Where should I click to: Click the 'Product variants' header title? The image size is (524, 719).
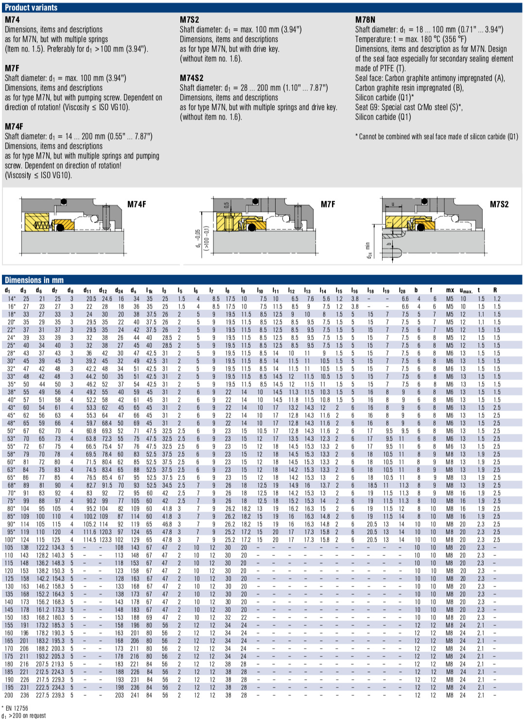[31, 7]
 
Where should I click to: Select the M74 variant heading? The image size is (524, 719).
[12, 20]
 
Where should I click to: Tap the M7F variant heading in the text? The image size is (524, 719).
[12, 68]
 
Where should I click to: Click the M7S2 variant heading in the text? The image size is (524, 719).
[189, 20]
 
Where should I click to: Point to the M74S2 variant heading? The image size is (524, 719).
[192, 78]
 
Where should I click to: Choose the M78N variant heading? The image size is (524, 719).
[365, 20]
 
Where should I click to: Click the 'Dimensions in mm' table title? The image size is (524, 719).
[34, 280]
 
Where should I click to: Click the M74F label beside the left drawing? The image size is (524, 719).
[137, 205]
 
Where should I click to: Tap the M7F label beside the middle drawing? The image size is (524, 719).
[328, 205]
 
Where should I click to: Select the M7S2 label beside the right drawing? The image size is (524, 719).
[499, 205]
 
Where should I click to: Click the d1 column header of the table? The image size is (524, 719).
[8, 291]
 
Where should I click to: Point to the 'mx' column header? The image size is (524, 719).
[450, 291]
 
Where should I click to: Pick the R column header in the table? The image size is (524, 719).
[495, 291]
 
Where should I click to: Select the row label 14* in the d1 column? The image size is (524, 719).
[11, 299]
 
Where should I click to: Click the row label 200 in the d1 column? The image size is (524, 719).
[9, 695]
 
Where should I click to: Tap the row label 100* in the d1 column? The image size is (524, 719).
[10, 540]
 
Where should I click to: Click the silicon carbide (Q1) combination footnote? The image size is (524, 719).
[437, 137]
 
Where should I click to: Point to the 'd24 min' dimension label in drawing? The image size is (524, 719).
[368, 250]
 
